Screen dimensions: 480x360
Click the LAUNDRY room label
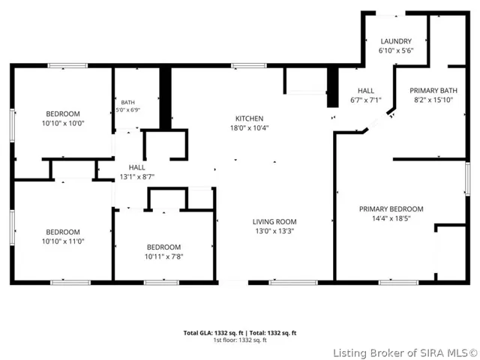[x=396, y=41]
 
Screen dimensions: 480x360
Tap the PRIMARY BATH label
[x=433, y=91]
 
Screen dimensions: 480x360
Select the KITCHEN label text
[x=249, y=118]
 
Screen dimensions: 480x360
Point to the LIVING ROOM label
[x=274, y=222]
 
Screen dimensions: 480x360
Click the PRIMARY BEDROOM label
[x=391, y=209]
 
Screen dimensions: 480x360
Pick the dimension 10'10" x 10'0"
[x=63, y=123]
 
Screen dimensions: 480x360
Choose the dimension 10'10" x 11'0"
[x=63, y=241]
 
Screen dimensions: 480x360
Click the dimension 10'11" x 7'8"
[x=163, y=256]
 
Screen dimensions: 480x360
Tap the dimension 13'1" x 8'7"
[x=136, y=177]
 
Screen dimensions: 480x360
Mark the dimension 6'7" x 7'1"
[x=366, y=100]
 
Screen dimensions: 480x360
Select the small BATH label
[x=127, y=102]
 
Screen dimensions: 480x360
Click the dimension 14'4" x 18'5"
[x=391, y=218]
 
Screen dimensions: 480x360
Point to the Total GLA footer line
[x=240, y=333]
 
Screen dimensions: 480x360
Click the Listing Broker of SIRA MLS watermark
[x=405, y=353]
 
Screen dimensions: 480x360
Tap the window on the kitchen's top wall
[x=248, y=65]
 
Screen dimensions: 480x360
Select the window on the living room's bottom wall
[x=293, y=283]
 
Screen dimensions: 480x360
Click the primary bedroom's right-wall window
[x=467, y=178]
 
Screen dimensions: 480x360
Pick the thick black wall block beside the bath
[x=165, y=97]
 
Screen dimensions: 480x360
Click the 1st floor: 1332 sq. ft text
[x=240, y=340]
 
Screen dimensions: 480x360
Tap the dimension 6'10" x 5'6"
[x=396, y=50]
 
